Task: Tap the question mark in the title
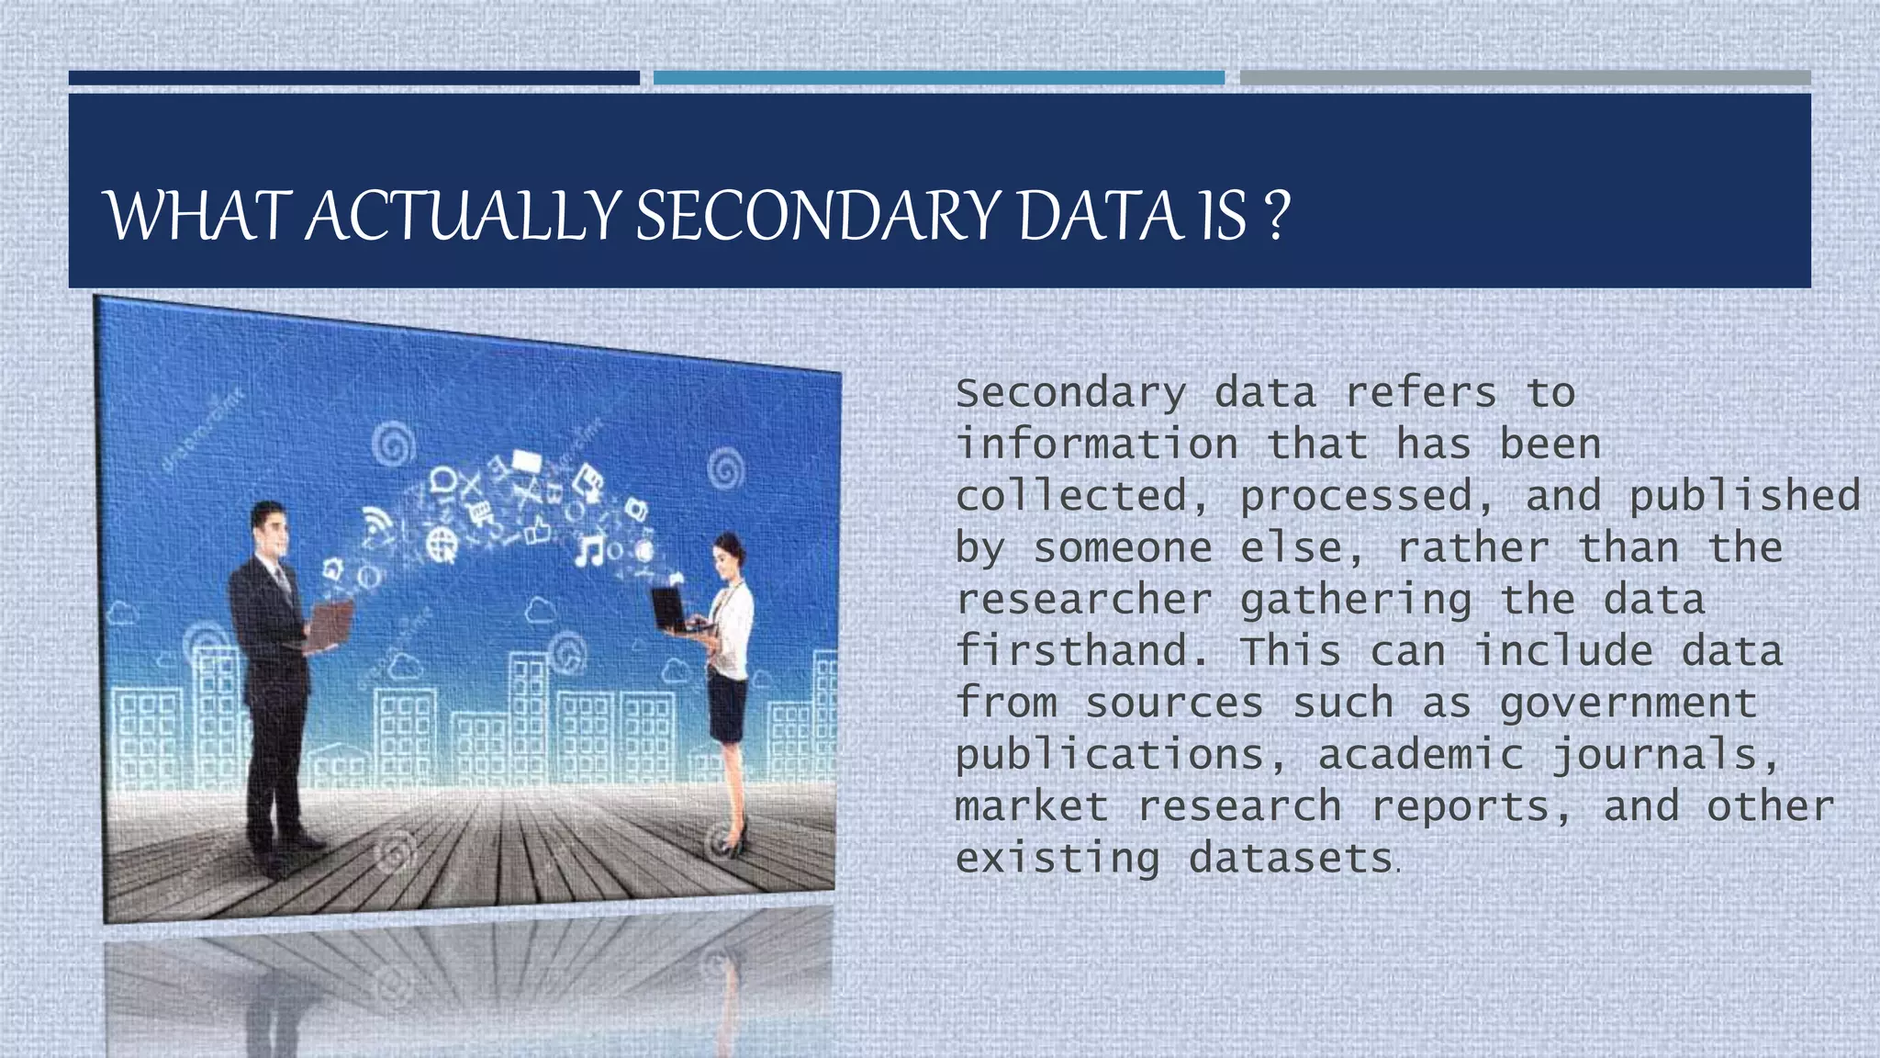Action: point(1276,217)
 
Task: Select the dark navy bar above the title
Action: point(353,78)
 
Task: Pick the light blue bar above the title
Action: point(938,78)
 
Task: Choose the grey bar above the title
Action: point(1525,78)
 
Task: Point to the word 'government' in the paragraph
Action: point(1628,703)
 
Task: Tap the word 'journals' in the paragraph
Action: point(1663,756)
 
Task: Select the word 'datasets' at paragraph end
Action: point(1291,859)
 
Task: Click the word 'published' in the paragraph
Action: point(1744,497)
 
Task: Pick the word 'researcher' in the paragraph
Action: point(1083,601)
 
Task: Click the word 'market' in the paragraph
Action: point(1032,807)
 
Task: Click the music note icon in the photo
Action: point(588,551)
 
